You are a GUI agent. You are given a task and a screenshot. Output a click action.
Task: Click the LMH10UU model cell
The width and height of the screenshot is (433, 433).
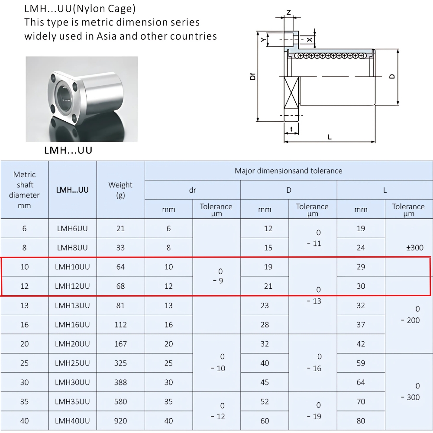(72, 267)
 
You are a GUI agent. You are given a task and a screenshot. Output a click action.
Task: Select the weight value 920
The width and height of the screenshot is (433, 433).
(120, 420)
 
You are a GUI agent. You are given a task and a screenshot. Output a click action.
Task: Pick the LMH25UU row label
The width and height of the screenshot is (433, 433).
(72, 363)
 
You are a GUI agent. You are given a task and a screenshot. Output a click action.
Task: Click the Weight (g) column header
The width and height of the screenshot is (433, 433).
(120, 190)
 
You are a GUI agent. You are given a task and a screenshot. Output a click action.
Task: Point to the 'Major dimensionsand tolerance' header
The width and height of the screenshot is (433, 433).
(288, 171)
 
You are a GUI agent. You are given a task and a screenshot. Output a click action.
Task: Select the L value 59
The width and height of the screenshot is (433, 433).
(361, 363)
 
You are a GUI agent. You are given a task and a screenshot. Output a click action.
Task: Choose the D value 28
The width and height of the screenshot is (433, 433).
(265, 324)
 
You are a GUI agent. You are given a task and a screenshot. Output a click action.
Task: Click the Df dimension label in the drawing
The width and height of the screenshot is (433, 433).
(252, 77)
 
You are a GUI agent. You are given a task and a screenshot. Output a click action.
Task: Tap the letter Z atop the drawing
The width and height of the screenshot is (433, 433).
(288, 13)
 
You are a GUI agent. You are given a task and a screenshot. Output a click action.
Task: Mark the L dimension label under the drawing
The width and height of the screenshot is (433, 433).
(330, 137)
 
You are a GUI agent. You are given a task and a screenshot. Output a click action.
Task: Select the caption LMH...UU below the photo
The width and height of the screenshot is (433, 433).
(68, 151)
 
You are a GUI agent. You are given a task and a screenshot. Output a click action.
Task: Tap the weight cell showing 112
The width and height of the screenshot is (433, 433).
(120, 324)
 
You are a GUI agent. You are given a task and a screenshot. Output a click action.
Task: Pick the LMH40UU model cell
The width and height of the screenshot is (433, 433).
(72, 420)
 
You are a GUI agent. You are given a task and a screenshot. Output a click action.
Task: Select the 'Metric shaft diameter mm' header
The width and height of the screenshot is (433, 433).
(24, 190)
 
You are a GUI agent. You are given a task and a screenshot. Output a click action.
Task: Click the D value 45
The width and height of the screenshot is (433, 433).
(265, 382)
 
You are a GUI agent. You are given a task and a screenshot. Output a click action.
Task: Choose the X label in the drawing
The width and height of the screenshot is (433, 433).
(309, 39)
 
